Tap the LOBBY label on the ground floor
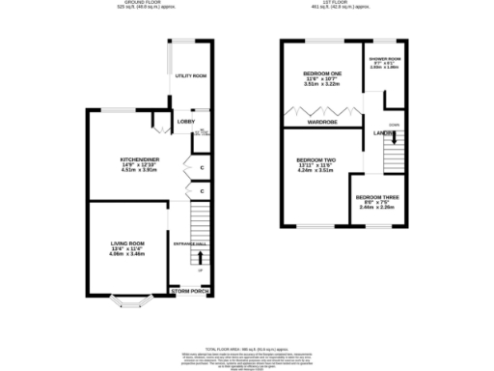[186, 122]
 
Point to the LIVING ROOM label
[126, 243]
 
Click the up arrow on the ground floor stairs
[201, 257]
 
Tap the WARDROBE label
[321, 123]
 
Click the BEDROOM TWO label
[316, 159]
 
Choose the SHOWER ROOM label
[384, 59]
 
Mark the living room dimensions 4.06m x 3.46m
[126, 254]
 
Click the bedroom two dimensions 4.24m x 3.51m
[316, 172]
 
